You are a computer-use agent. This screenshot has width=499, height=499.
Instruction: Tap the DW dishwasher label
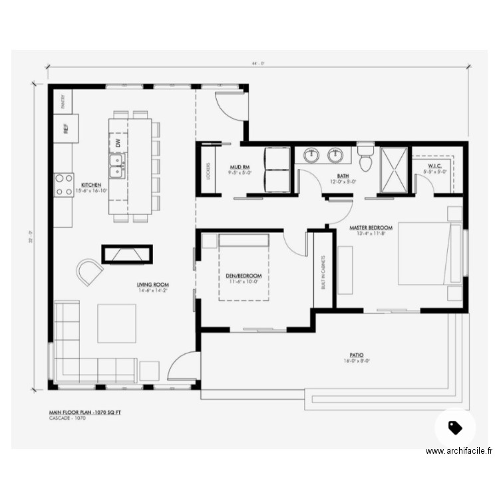click(118, 142)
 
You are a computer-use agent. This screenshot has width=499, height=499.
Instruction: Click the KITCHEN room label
click(91, 184)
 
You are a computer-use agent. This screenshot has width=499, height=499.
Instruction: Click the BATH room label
click(343, 176)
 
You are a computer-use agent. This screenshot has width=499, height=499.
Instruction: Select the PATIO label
click(357, 355)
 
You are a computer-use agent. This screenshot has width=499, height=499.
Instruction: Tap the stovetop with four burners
click(64, 184)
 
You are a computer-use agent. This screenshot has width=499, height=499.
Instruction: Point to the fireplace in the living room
click(127, 253)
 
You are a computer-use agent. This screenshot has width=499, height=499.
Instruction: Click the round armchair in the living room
click(89, 271)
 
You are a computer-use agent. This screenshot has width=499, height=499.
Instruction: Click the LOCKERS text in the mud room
click(208, 171)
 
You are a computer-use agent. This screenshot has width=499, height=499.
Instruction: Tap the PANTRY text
click(63, 101)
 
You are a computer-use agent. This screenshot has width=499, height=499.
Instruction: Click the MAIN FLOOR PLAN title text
click(84, 413)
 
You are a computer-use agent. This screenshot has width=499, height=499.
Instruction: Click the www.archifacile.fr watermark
click(459, 450)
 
